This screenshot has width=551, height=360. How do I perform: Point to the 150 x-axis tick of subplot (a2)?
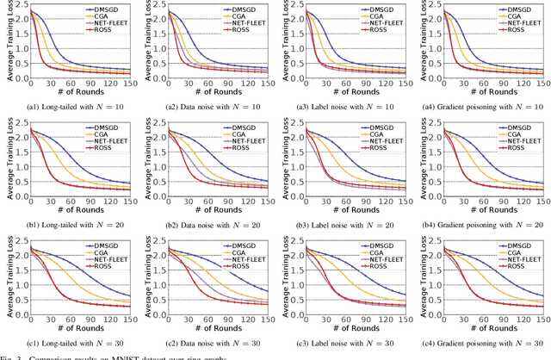pos(267,84)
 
